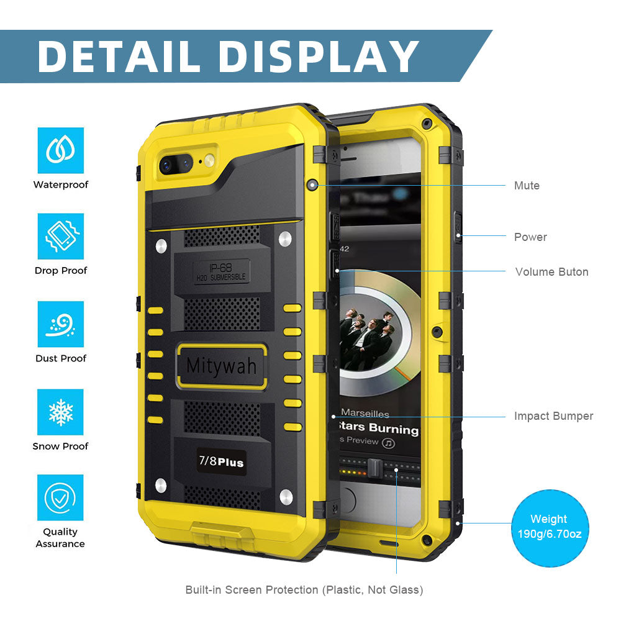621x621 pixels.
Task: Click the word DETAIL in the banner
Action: (120, 57)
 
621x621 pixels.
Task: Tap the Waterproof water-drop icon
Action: (60, 150)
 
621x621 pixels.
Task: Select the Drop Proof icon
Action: (60, 237)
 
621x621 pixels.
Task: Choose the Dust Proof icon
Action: (60, 324)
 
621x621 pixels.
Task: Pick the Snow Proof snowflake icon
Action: (60, 412)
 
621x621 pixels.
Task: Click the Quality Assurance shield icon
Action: (60, 497)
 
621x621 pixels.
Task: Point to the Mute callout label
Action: (527, 186)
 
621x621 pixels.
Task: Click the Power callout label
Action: (530, 237)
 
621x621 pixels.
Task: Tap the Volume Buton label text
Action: (551, 272)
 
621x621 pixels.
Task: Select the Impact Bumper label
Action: (553, 416)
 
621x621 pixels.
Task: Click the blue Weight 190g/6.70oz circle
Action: (549, 527)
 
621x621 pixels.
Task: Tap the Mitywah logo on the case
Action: (221, 366)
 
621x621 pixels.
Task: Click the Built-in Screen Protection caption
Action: (304, 590)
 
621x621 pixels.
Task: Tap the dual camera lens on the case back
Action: (175, 164)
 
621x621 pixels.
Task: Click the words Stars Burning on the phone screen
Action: (379, 429)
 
